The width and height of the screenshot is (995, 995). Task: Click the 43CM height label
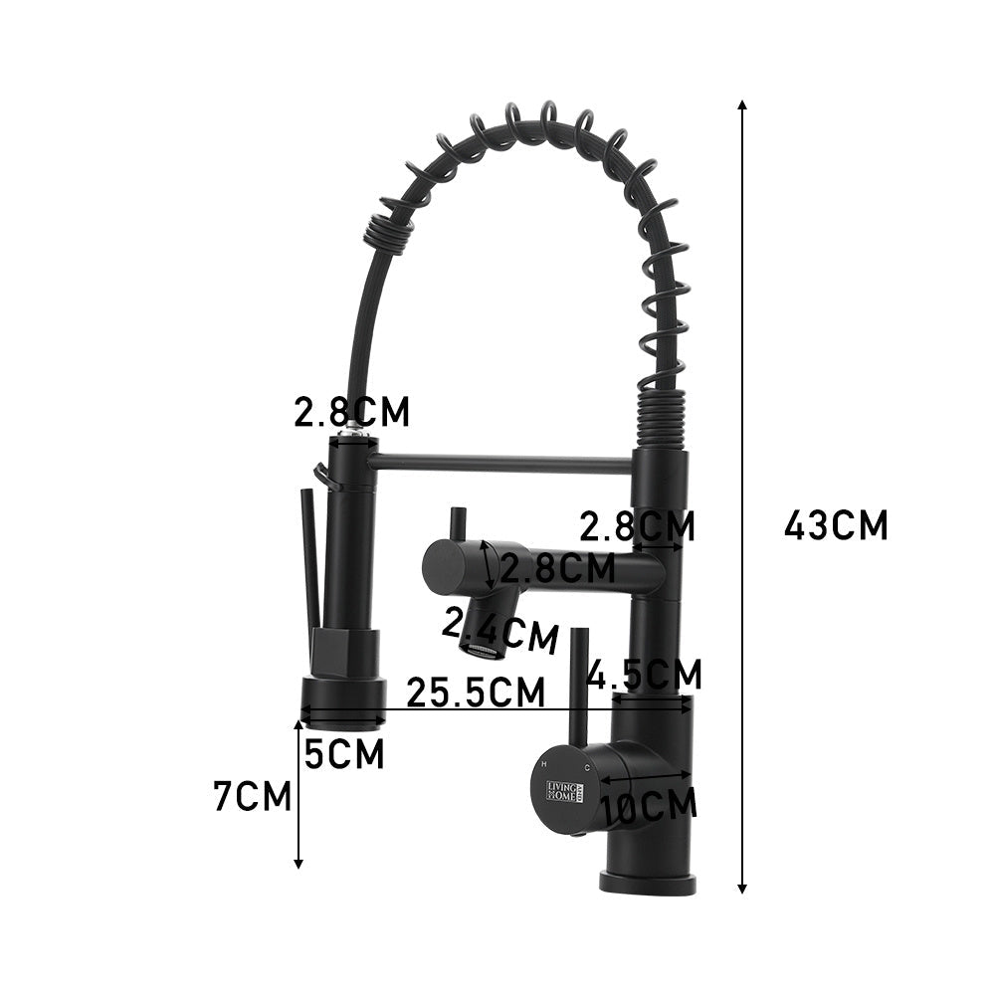click(835, 524)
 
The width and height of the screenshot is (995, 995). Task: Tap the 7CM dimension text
click(253, 796)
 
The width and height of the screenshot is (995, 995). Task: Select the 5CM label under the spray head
click(343, 755)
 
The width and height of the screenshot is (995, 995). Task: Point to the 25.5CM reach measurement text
click(476, 692)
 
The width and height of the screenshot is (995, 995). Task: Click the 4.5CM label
click(645, 675)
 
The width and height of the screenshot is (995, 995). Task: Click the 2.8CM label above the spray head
click(351, 412)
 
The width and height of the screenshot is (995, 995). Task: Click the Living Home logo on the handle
click(566, 792)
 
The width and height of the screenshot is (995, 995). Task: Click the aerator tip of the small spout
click(482, 652)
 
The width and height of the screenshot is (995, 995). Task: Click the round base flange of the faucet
click(647, 882)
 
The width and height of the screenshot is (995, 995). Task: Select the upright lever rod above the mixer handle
click(578, 687)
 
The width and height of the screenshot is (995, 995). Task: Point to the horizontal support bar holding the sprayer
click(502, 463)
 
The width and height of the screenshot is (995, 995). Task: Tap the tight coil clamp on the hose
click(388, 233)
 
